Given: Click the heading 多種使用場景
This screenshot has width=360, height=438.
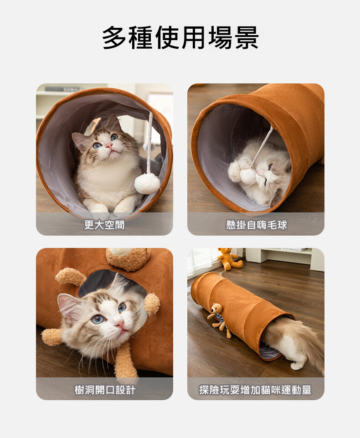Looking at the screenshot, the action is (x=180, y=38).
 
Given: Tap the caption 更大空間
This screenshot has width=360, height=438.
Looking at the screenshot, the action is (x=104, y=225).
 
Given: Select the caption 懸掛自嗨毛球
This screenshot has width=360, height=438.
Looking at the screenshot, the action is (x=257, y=225).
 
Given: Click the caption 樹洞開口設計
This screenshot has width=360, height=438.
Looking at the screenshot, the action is (x=105, y=390).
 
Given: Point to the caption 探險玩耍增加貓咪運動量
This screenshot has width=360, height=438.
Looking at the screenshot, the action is (x=255, y=390).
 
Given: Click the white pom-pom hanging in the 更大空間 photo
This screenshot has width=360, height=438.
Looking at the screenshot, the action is (x=147, y=183).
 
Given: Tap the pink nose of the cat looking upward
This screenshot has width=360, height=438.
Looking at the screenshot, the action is (x=109, y=145).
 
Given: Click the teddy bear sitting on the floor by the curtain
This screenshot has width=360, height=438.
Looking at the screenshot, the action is (x=229, y=259).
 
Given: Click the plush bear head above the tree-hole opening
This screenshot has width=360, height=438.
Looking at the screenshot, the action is (x=128, y=258).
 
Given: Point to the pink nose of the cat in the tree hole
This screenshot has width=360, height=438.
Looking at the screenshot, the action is (x=121, y=325).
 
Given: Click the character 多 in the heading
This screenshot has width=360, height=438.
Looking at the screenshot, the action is (x=114, y=38).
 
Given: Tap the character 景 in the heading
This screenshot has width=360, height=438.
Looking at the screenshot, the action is (x=247, y=38).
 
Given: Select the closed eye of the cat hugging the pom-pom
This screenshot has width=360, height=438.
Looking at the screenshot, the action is (x=270, y=167).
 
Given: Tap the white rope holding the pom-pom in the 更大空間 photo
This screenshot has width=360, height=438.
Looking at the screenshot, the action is (x=150, y=143).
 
